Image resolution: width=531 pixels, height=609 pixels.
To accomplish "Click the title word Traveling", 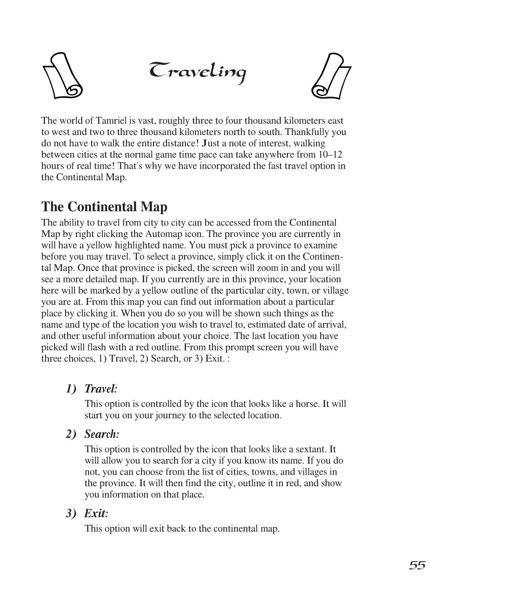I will pos(197,72).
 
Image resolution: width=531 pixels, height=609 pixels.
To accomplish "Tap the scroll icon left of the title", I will pos(62,76).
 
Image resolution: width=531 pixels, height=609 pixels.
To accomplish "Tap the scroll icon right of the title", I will pos(331,76).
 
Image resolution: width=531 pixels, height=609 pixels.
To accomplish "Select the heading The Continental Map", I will pos(104,207).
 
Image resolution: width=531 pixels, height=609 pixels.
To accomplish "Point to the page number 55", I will pos(417,565).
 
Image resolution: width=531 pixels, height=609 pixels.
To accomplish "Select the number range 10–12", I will pos(330,155).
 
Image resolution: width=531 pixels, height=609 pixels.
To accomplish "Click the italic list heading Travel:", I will pos(101,389).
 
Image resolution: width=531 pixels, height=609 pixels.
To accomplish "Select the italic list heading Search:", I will pos(102,434).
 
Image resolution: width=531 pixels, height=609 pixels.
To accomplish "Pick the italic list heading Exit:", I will pos(96,513).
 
